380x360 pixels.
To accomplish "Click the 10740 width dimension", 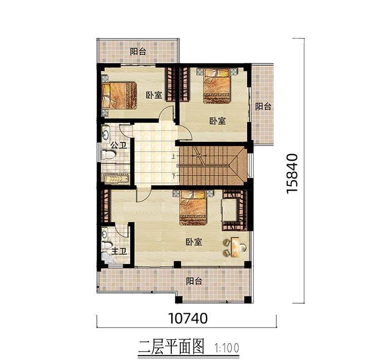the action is [188, 318].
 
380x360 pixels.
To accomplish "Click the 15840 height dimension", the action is [291, 173].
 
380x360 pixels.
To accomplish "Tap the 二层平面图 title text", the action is [172, 347].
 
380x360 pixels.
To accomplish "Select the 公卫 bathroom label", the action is [119, 146].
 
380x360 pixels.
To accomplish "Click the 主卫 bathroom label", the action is [119, 251].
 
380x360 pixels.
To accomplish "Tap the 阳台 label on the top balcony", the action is [138, 51].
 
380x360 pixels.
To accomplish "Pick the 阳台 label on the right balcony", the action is [263, 106].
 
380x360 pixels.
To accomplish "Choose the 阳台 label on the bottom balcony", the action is [194, 281].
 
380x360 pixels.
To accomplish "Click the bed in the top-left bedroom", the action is [119, 95].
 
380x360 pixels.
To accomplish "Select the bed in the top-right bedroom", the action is [216, 86].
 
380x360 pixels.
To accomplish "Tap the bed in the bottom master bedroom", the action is [193, 208].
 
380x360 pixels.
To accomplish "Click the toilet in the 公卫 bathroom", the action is [108, 155].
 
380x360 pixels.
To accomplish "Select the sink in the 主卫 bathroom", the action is [104, 234].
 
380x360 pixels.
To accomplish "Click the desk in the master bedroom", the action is [235, 247].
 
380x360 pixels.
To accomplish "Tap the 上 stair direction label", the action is [173, 156].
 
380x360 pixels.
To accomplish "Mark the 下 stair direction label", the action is [174, 175].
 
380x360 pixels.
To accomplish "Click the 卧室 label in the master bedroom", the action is [194, 242].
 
